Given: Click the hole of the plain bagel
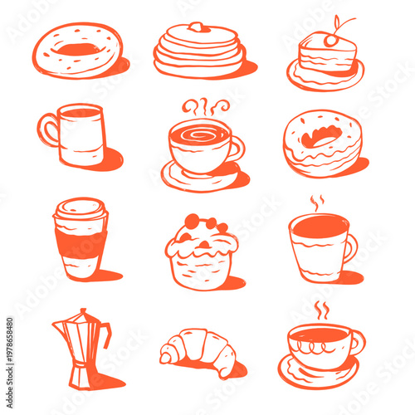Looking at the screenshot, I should tap(80, 49).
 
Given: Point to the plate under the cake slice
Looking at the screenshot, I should tap(325, 77).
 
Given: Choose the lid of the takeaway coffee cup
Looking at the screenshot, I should tap(81, 209).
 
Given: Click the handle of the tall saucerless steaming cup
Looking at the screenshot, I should tap(350, 247).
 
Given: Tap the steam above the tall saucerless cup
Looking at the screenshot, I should tap(317, 203).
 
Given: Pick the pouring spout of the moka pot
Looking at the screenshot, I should tap(56, 325).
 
